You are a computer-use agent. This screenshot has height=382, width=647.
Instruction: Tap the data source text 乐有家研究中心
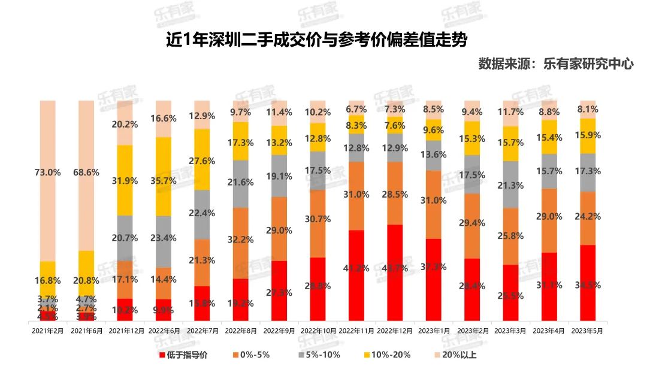coord(555,64)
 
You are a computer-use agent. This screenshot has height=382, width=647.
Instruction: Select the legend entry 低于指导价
coord(180,354)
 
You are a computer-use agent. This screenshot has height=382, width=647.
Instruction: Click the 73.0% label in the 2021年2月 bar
coord(48,172)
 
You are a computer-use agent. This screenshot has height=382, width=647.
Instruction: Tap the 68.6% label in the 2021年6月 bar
coord(86,172)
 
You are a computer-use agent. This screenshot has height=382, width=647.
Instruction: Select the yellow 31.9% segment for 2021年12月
coord(125,180)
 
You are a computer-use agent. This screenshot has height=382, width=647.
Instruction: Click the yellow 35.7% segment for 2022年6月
coord(164,177)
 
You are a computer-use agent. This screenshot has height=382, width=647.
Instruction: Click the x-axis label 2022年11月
coord(356,330)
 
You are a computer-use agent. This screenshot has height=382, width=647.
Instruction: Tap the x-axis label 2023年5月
coord(587,330)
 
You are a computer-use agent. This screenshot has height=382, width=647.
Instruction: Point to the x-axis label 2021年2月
coord(48,330)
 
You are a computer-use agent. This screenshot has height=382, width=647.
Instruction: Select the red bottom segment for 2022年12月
coord(394,273)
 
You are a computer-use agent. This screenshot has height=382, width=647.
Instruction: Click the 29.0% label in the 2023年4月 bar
coord(549,216)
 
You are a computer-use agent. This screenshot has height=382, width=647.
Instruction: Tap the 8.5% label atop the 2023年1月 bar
coord(433,110)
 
